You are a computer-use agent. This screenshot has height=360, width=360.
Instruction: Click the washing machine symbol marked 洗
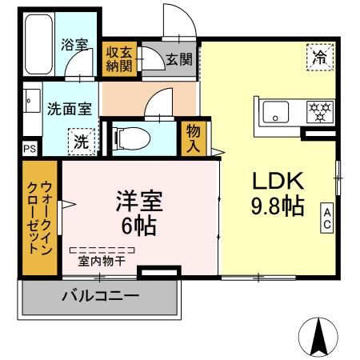coord(82,142)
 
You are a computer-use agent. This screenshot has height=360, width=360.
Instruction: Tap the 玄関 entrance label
coord(178,58)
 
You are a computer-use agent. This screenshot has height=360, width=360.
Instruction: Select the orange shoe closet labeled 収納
coord(122,59)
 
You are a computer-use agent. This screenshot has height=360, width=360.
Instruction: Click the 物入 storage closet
coord(194,138)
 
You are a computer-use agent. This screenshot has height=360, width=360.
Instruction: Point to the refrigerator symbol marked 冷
coord(318,58)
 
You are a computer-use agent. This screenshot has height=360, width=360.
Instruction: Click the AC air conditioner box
coord(327,217)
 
